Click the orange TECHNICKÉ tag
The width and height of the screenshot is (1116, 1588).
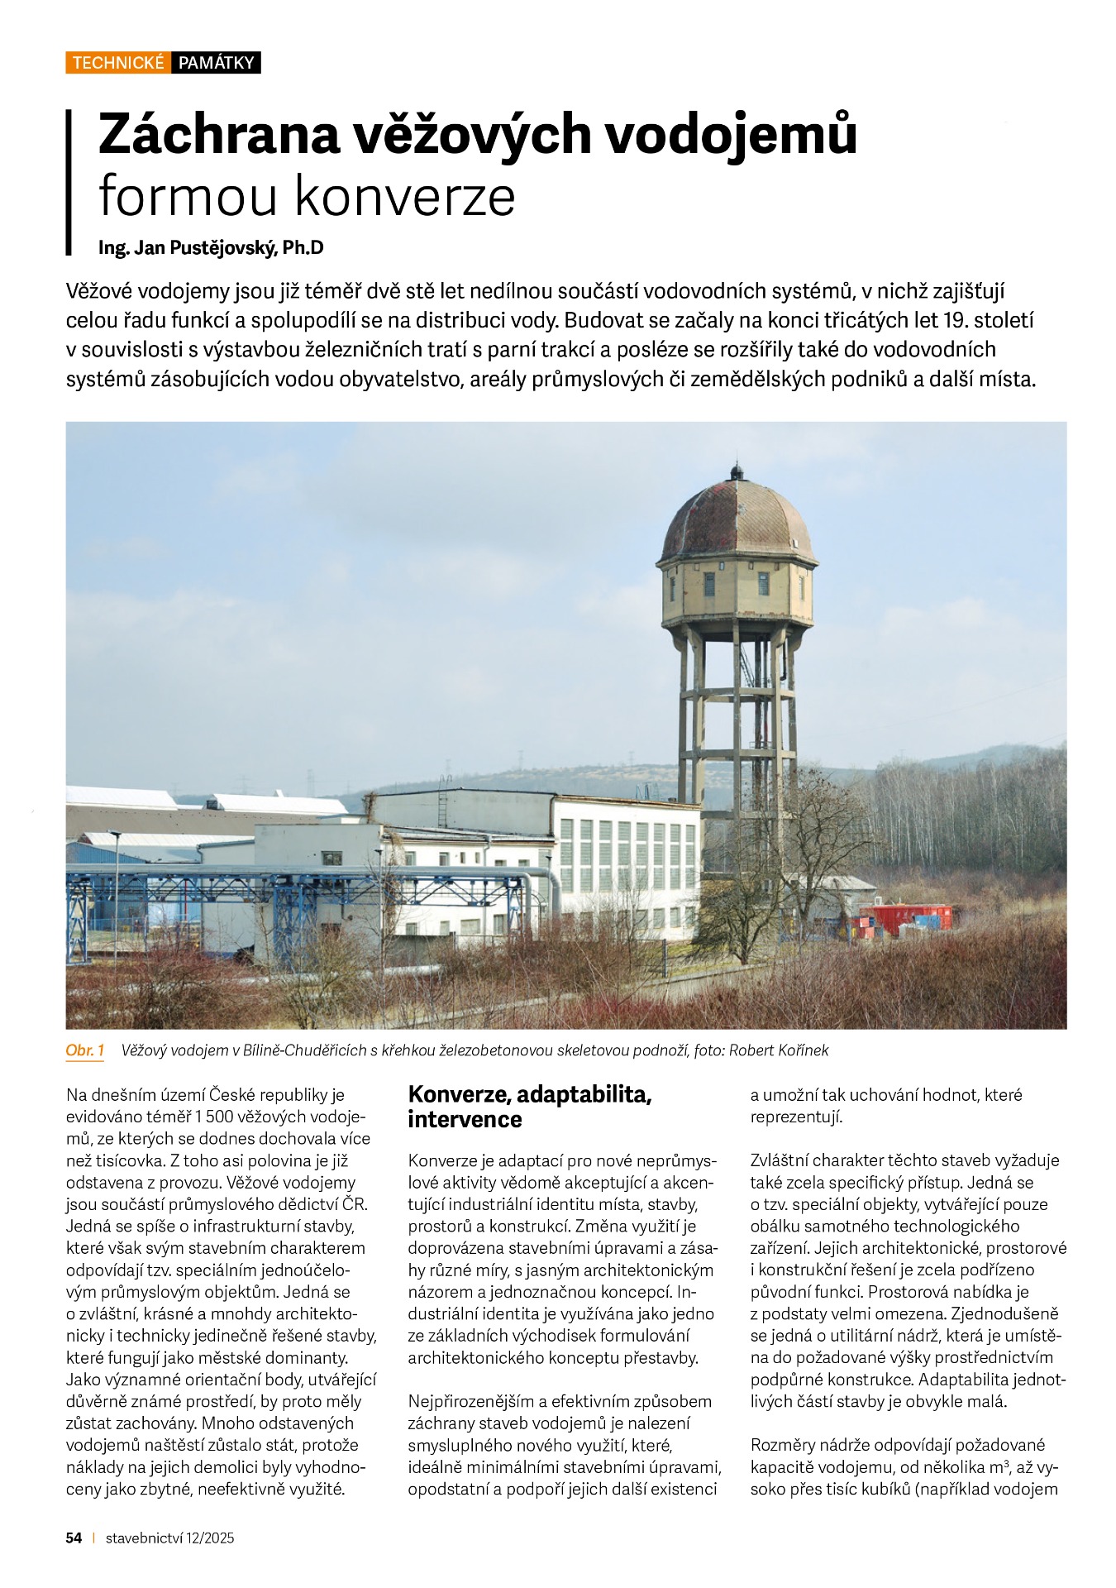tap(118, 63)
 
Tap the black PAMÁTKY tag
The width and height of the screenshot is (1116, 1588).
tap(216, 63)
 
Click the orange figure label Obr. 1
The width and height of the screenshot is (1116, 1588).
tap(84, 1050)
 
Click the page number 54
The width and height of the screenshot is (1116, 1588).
tap(74, 1538)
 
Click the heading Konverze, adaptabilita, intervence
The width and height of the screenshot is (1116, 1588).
tap(530, 1107)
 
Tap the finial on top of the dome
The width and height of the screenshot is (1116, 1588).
tap(735, 471)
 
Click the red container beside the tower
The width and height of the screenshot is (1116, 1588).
tap(906, 919)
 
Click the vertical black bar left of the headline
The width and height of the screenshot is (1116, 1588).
tap(69, 182)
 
